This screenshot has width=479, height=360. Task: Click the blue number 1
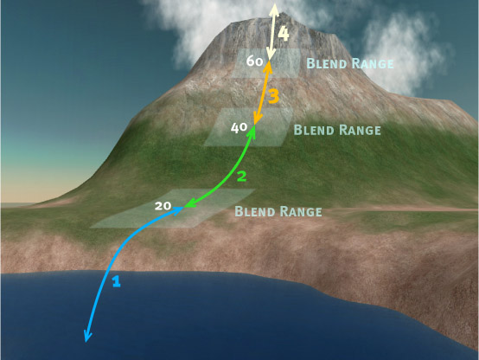click(x=116, y=281)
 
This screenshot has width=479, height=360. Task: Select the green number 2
click(x=241, y=177)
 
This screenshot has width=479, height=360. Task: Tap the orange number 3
click(x=274, y=96)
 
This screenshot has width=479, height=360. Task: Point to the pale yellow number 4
click(x=284, y=34)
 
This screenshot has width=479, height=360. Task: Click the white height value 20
click(x=163, y=206)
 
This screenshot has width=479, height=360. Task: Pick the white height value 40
click(x=239, y=127)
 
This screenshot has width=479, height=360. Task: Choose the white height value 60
click(x=254, y=61)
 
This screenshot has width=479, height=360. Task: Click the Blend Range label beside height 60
click(x=350, y=64)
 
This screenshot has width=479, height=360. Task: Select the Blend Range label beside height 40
click(x=337, y=130)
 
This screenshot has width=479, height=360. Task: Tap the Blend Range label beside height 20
click(x=278, y=211)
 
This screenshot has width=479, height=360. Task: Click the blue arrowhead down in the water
click(x=87, y=336)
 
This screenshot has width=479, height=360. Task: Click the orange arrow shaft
click(x=263, y=93)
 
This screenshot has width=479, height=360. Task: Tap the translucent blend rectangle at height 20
click(x=173, y=209)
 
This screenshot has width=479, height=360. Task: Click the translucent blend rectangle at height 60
click(x=266, y=63)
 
